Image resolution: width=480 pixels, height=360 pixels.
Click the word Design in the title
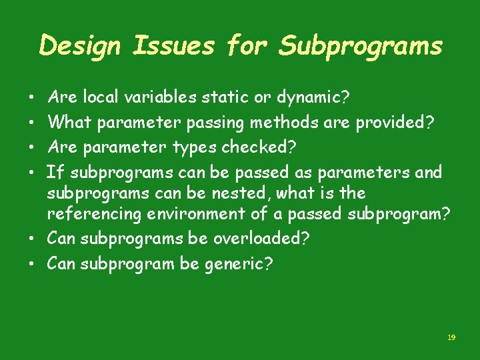(x=81, y=46)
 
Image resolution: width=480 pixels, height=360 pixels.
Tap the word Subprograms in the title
(x=360, y=46)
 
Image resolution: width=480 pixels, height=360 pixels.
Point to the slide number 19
(x=451, y=338)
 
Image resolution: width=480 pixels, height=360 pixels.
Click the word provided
(x=391, y=123)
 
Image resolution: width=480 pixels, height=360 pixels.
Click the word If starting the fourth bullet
(x=56, y=172)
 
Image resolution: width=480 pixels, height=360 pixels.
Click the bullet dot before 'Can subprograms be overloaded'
(x=33, y=239)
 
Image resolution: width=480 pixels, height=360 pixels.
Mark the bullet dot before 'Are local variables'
(x=33, y=99)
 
